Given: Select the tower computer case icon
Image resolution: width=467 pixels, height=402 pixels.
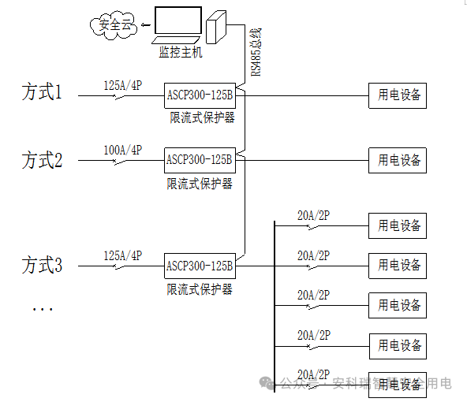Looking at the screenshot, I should click(x=215, y=30).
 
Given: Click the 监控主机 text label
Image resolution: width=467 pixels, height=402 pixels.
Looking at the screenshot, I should click(x=180, y=53).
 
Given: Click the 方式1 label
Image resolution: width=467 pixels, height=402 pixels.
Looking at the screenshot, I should click(x=42, y=93).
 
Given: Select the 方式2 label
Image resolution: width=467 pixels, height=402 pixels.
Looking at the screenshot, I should click(x=42, y=161).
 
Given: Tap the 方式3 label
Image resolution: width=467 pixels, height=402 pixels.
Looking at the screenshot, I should click(x=42, y=265).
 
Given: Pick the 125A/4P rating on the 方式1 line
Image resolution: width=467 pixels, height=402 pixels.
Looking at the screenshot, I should click(x=122, y=84).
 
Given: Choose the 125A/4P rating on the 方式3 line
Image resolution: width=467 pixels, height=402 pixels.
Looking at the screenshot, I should click(x=122, y=255).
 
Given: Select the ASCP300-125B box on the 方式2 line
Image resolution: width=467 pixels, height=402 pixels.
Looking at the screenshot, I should click(x=200, y=160).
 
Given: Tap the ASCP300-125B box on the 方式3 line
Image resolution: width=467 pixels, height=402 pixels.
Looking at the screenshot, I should click(x=200, y=266).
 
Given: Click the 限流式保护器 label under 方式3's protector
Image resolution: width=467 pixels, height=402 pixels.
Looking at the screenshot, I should click(x=200, y=289).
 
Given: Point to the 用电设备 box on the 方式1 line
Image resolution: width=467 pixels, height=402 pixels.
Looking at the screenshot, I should click(x=397, y=95).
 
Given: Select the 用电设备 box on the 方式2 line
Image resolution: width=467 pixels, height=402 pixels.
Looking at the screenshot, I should click(x=397, y=160).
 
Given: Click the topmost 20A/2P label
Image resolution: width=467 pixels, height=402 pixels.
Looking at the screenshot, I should click(x=313, y=215).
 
